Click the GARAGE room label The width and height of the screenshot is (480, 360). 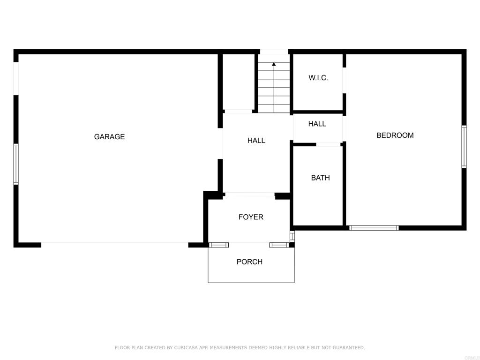(x=109, y=137)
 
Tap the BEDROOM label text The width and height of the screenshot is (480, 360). (x=395, y=135)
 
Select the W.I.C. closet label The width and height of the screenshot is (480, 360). (x=318, y=78)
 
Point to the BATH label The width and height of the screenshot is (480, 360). (x=320, y=178)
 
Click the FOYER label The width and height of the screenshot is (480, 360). (x=251, y=217)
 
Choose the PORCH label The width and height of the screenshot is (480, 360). (x=249, y=262)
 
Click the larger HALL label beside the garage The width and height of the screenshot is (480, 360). (x=256, y=140)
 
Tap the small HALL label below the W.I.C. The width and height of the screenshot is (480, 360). (x=317, y=124)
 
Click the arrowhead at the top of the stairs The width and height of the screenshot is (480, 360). (x=274, y=64)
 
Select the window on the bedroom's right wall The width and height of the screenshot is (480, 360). (x=464, y=147)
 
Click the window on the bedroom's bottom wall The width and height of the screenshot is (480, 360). (x=374, y=228)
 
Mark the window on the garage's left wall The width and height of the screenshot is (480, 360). (x=16, y=164)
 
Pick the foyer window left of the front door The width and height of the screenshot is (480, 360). (x=218, y=245)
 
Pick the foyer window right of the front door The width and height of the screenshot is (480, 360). (x=279, y=245)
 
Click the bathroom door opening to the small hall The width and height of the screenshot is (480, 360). (x=328, y=144)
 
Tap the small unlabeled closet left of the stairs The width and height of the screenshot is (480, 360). (x=238, y=82)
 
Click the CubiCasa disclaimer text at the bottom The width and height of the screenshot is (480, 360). (x=240, y=348)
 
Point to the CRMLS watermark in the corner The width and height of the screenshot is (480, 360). (x=472, y=357)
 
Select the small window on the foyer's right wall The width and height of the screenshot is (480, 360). (x=292, y=236)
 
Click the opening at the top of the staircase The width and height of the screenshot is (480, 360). (x=274, y=52)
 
